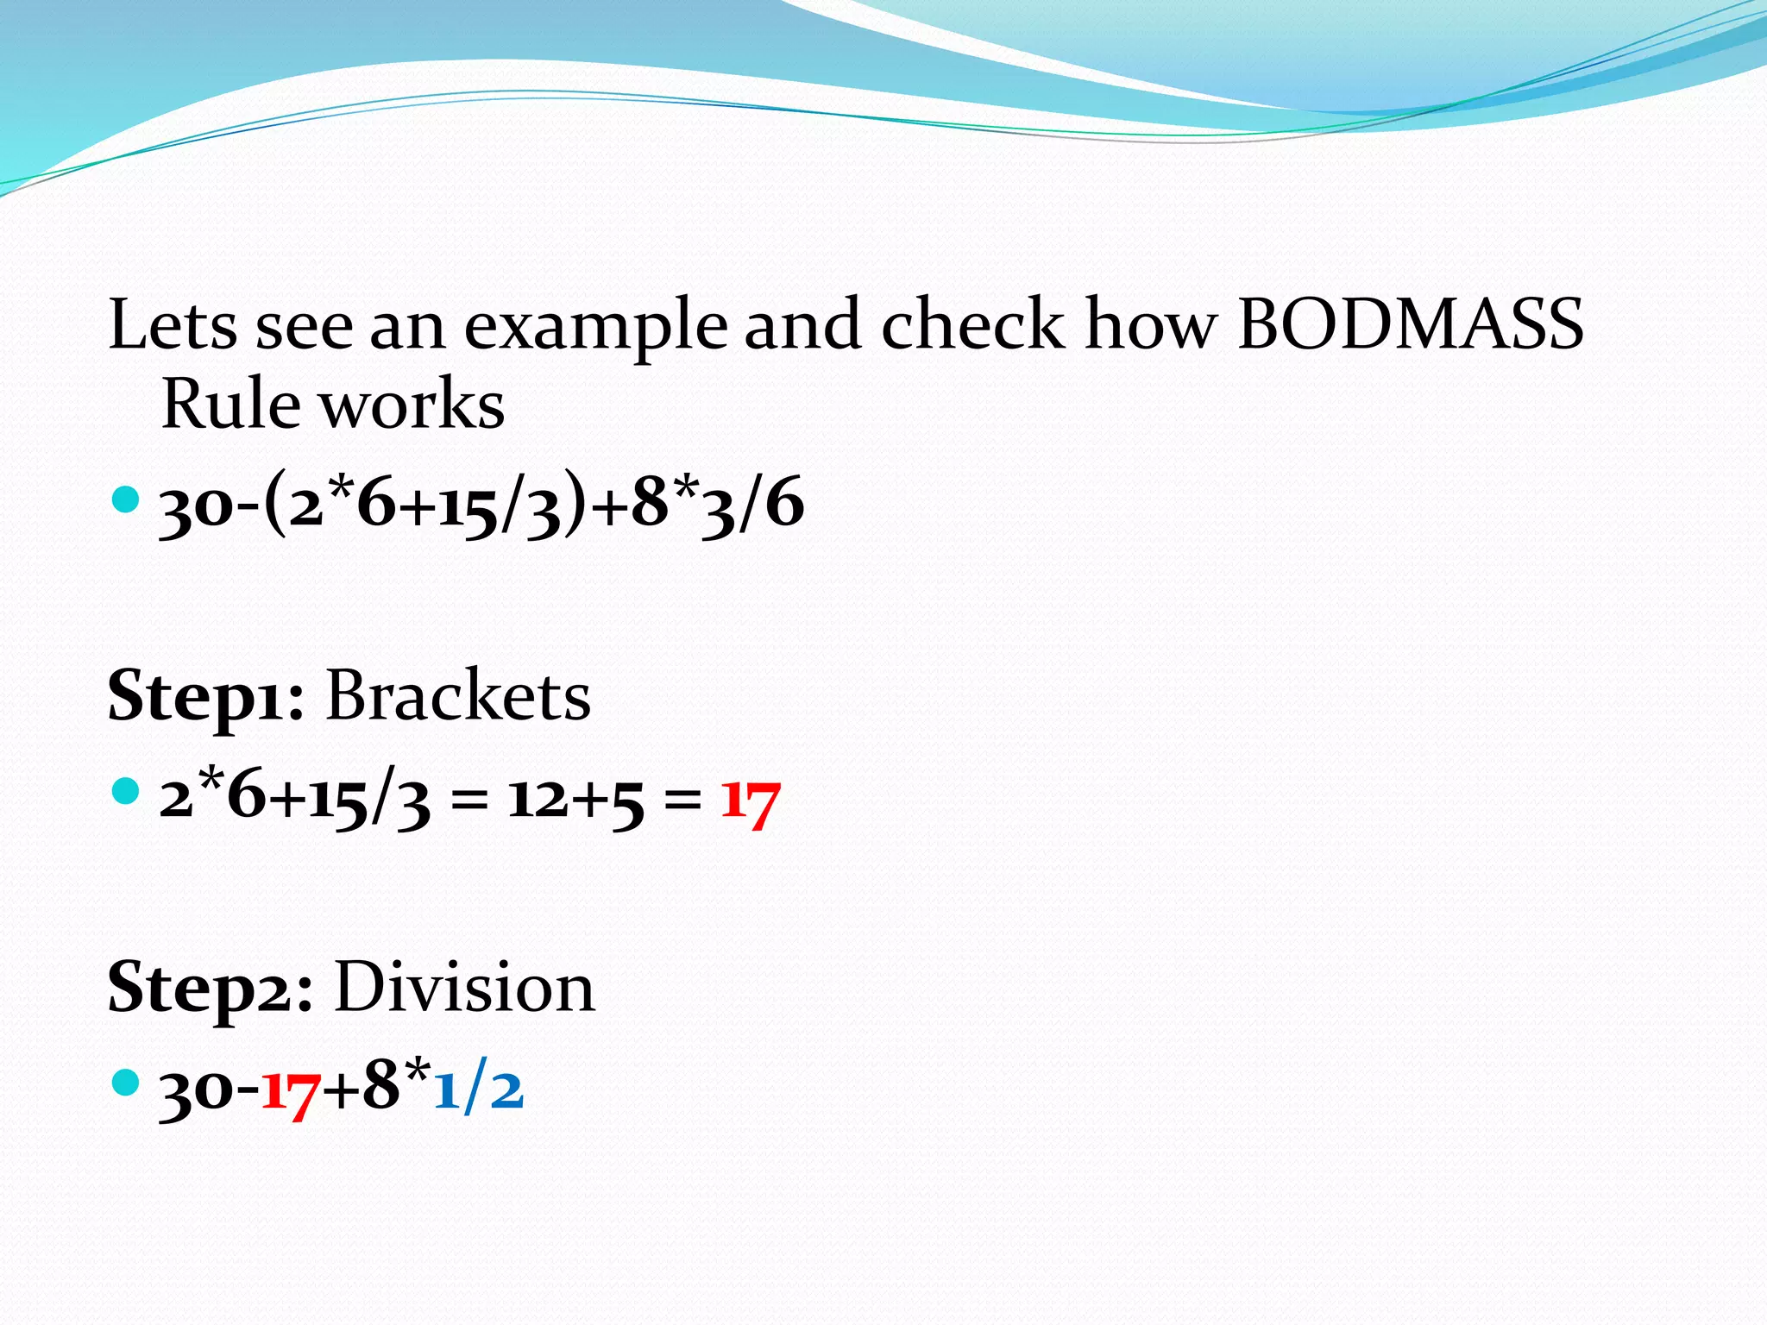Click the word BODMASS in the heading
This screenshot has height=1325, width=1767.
click(x=1411, y=324)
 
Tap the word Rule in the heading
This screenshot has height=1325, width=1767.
click(x=230, y=404)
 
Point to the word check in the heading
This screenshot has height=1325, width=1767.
click(x=973, y=324)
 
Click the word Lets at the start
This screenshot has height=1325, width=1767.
click(x=173, y=324)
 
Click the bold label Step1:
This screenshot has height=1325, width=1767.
click(x=205, y=697)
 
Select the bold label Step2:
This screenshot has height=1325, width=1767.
click(x=210, y=989)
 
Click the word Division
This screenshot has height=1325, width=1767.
click(x=464, y=987)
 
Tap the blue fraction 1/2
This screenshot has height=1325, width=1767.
click(x=478, y=1089)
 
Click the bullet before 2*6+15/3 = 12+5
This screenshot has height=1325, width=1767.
click(x=126, y=790)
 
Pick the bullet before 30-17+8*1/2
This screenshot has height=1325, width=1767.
click(x=126, y=1082)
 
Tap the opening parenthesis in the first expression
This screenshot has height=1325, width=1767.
click(x=275, y=504)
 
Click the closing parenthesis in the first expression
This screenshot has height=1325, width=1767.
click(x=574, y=504)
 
